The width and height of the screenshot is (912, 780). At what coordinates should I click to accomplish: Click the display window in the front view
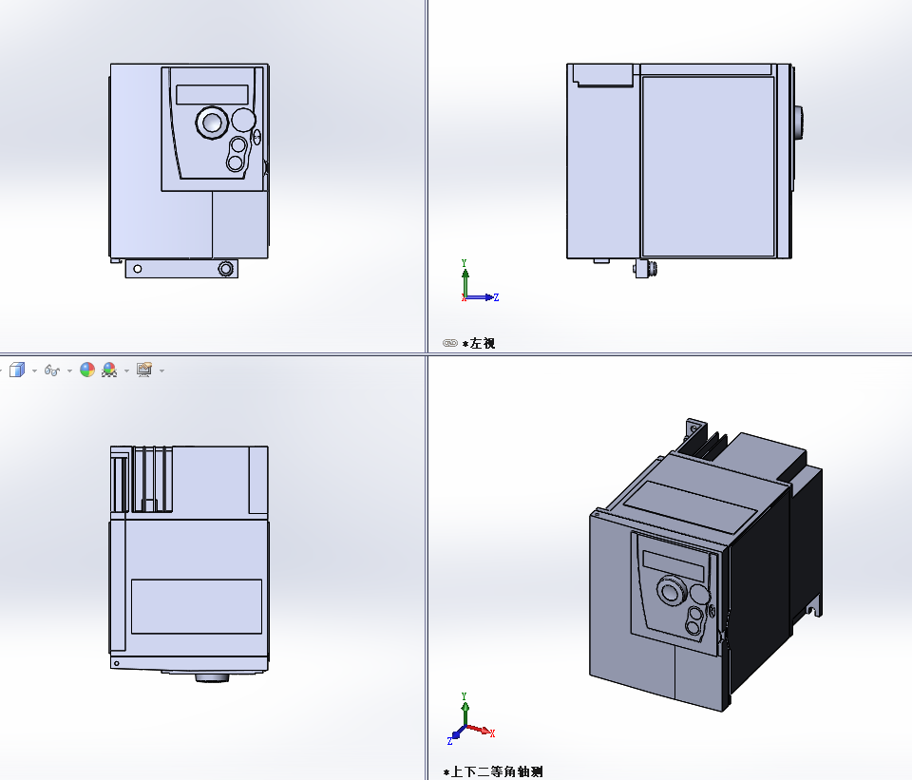[x=211, y=94]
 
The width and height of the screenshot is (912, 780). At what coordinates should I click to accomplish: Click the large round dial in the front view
[x=210, y=122]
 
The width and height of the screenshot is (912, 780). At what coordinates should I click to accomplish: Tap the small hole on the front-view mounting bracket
[x=138, y=269]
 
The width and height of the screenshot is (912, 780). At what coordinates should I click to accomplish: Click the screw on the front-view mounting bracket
[x=225, y=269]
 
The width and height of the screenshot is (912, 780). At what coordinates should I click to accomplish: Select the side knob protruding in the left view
[x=799, y=121]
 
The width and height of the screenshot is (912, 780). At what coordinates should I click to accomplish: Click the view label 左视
[x=483, y=343]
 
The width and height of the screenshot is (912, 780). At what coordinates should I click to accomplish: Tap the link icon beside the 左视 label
[x=450, y=343]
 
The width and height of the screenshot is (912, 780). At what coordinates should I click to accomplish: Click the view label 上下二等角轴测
[x=497, y=771]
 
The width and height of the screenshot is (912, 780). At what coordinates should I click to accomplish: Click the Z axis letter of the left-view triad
[x=496, y=297]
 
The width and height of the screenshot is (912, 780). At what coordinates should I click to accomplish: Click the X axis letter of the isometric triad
[x=491, y=732]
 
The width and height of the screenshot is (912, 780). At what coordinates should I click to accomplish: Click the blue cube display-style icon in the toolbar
[x=16, y=370]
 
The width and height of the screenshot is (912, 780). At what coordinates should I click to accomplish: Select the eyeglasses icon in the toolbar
[x=53, y=370]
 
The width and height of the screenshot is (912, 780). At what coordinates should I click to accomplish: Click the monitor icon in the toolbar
[x=144, y=370]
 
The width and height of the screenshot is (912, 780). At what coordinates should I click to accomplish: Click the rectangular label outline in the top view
[x=196, y=606]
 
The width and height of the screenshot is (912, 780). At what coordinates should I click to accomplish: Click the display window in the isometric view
[x=674, y=565]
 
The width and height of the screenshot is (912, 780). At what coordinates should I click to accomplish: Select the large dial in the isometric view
[x=674, y=592]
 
